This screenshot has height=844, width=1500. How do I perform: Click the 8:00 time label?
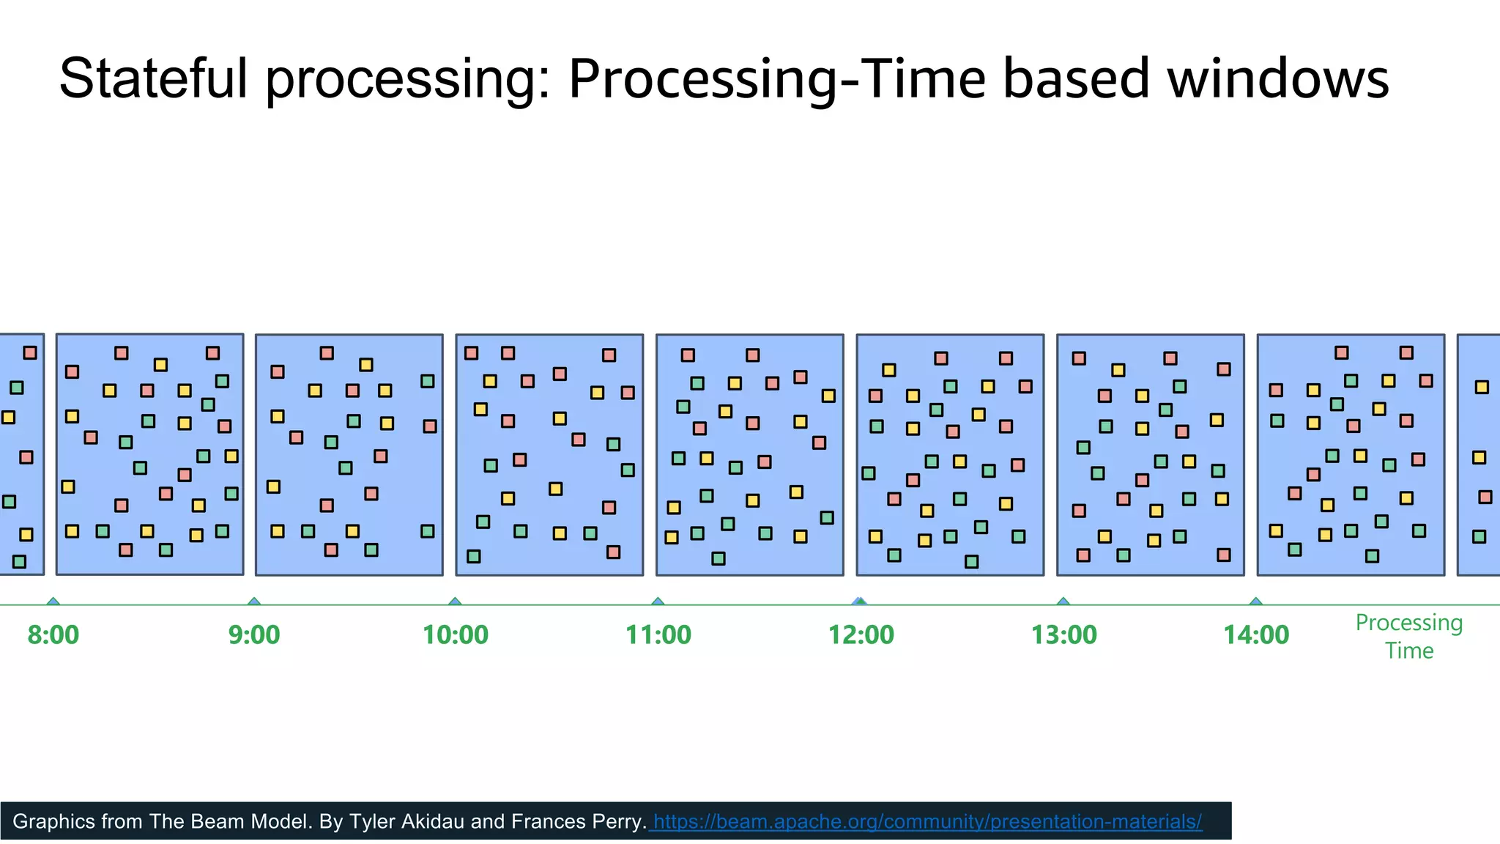click(x=53, y=634)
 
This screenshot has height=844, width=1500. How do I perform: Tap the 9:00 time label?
click(x=253, y=634)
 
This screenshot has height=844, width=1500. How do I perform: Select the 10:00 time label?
click(x=455, y=634)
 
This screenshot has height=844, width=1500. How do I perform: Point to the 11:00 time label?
click(x=658, y=634)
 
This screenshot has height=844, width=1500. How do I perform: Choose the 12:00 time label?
click(x=861, y=634)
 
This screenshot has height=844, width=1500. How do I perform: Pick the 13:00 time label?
click(x=1063, y=634)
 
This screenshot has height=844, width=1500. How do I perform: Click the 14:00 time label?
click(x=1255, y=634)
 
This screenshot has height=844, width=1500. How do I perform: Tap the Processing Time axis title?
click(x=1408, y=636)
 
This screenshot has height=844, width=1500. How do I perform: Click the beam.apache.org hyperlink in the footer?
click(x=927, y=821)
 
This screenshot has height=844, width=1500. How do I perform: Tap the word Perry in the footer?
click(x=618, y=821)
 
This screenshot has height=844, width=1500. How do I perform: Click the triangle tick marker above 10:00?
click(x=455, y=601)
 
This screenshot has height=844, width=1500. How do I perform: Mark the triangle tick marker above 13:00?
click(x=1063, y=601)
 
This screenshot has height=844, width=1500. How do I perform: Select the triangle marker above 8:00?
click(x=53, y=601)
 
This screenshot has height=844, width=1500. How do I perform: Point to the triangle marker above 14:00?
click(x=1256, y=601)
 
